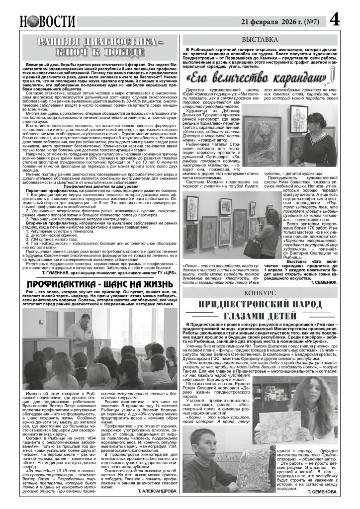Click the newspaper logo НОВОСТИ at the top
tap(48, 21)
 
